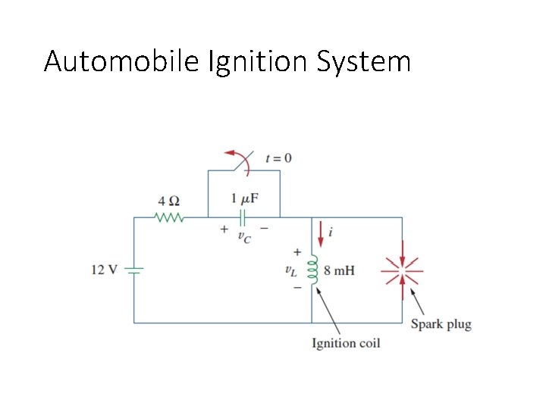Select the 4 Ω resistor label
pos(168,201)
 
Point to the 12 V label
pos(104,270)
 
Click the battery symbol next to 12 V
pos(134,270)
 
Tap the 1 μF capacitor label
pos(244,199)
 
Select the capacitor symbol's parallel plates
pos(243,218)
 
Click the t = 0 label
pos(278,158)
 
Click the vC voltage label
pos(244,236)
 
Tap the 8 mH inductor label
pos(339,270)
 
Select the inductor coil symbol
pos(312,270)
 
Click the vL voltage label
pos(290,270)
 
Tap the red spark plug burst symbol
pos(402,270)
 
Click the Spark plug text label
pos(441,324)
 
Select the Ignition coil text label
pos(346,343)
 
